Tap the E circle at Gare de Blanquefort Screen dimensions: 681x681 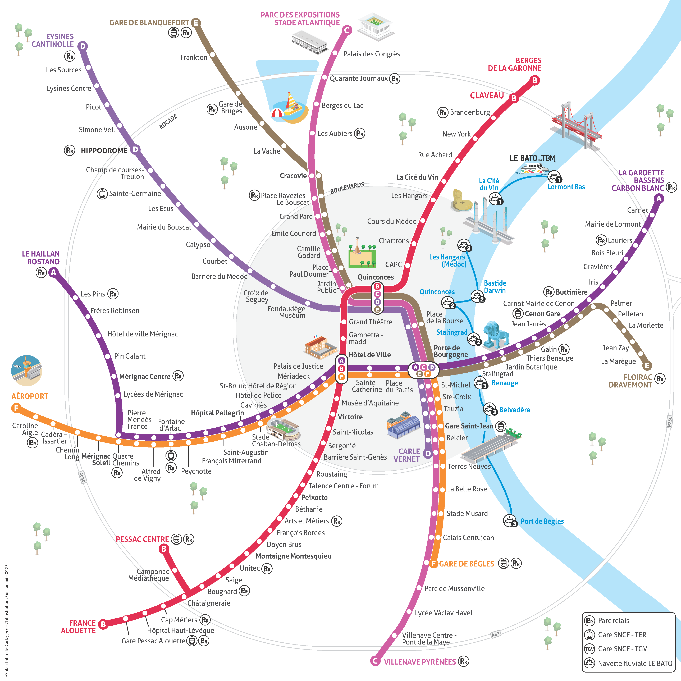point(196,22)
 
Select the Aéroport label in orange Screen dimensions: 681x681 point(30,396)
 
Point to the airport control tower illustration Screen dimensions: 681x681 point(27,370)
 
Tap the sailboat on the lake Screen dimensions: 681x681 point(292,106)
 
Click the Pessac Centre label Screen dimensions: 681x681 point(142,539)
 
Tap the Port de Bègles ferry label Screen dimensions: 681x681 point(542,521)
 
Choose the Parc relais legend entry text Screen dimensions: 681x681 point(613,620)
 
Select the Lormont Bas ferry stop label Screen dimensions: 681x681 point(566,187)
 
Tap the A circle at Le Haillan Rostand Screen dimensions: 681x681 point(53,272)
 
